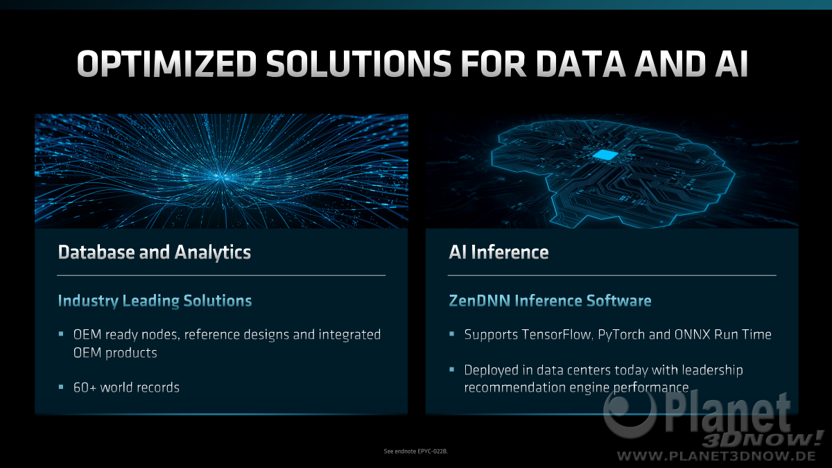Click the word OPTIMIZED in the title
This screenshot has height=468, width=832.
(x=167, y=64)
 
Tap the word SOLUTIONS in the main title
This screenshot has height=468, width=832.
(x=359, y=64)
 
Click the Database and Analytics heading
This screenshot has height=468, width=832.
(x=155, y=252)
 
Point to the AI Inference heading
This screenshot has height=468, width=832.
(x=499, y=252)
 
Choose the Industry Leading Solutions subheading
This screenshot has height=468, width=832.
(x=155, y=301)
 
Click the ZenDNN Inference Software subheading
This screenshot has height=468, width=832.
(x=550, y=300)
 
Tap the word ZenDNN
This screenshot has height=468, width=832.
(x=480, y=300)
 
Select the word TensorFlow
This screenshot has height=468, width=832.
(x=557, y=335)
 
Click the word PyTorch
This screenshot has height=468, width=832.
(x=621, y=336)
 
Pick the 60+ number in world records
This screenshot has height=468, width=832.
(x=85, y=388)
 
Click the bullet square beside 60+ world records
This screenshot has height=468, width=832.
(x=61, y=387)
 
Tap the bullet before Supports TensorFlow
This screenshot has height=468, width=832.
(x=451, y=334)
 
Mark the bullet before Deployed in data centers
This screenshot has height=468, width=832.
(x=451, y=370)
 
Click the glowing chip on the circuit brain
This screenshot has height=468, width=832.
(x=605, y=155)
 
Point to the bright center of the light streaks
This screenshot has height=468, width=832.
(x=222, y=177)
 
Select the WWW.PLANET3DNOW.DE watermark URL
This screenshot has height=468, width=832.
(x=716, y=456)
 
